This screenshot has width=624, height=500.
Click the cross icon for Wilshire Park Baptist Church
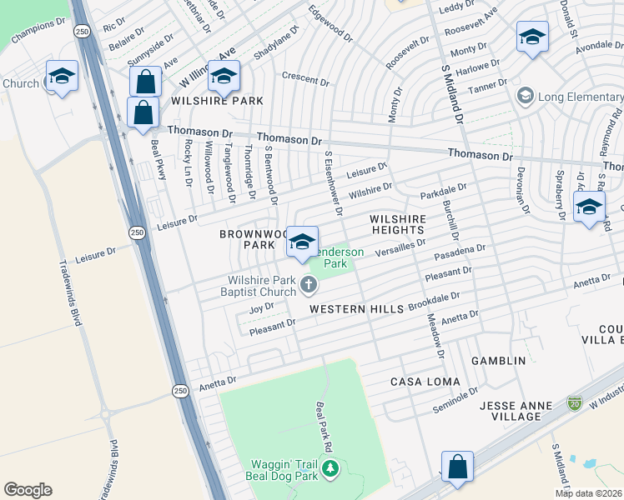pyautogui.click(x=309, y=286)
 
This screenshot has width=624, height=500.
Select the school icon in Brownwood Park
pyautogui.click(x=302, y=242)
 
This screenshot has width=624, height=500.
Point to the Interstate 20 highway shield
pyautogui.click(x=573, y=402)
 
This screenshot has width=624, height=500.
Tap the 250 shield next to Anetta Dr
pyautogui.click(x=180, y=390)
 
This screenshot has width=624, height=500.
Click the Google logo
pyautogui.click(x=28, y=490)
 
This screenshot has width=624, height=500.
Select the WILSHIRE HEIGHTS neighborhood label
pyautogui.click(x=398, y=225)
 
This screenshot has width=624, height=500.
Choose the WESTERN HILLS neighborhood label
pyautogui.click(x=357, y=309)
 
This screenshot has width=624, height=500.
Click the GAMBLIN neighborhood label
pyautogui.click(x=498, y=361)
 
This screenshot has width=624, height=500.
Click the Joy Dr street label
pyautogui.click(x=261, y=308)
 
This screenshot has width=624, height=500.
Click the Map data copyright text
pyautogui.click(x=588, y=493)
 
